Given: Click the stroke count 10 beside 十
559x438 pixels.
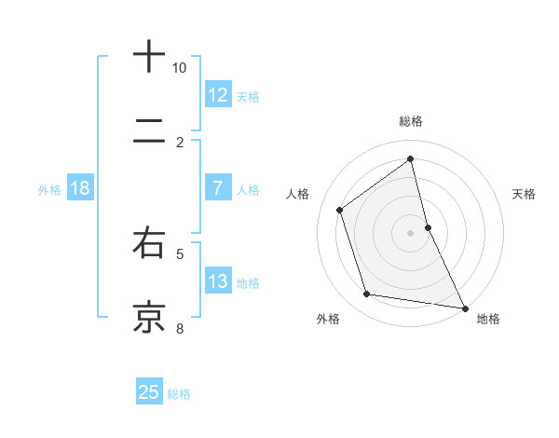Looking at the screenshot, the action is click(180, 68).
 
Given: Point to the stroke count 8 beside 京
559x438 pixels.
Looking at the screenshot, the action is click(180, 328).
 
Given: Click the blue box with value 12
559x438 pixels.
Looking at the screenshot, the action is click(217, 95).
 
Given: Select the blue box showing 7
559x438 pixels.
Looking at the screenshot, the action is click(217, 188).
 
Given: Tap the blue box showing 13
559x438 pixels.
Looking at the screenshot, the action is click(217, 281).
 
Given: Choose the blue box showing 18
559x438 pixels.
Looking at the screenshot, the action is click(80, 188).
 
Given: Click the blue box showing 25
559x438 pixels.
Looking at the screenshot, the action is click(149, 392).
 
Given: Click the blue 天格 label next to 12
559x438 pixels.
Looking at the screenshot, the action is click(248, 97).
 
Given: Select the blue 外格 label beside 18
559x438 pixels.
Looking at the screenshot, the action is click(49, 190).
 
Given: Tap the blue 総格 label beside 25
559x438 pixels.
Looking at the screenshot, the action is click(179, 394).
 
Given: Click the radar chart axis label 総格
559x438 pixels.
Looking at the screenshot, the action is click(411, 121).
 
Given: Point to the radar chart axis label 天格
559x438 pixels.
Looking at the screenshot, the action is click(525, 194).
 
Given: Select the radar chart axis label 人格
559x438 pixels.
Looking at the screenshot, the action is click(298, 194).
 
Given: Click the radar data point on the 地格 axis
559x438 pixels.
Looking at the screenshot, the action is click(464, 308).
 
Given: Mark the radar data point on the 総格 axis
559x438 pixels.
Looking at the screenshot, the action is click(411, 158).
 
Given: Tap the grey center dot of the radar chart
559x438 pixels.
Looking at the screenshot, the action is click(411, 233).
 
